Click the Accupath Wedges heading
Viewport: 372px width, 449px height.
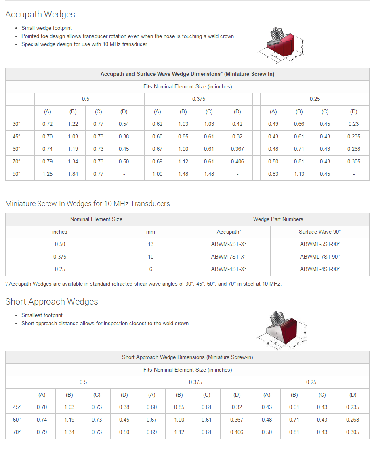40,15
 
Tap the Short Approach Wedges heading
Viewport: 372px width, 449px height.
52,302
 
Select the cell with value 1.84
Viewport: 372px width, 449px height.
73,174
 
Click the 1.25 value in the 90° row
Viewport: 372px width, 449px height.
47,174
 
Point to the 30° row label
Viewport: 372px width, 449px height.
16,124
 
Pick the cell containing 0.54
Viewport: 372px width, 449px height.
124,124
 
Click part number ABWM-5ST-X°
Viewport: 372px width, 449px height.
229,244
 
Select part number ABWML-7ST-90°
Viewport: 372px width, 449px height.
319,257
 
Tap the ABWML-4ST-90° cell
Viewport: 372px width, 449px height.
319,269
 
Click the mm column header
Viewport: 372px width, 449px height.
150,232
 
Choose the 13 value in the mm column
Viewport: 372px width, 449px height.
150,244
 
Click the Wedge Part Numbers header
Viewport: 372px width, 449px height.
278,219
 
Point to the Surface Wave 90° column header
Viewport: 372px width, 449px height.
319,232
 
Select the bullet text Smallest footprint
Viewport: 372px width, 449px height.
42,315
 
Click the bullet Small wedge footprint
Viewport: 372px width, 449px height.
46,28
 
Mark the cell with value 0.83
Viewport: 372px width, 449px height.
273,174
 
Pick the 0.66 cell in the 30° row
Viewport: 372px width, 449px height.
299,124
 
